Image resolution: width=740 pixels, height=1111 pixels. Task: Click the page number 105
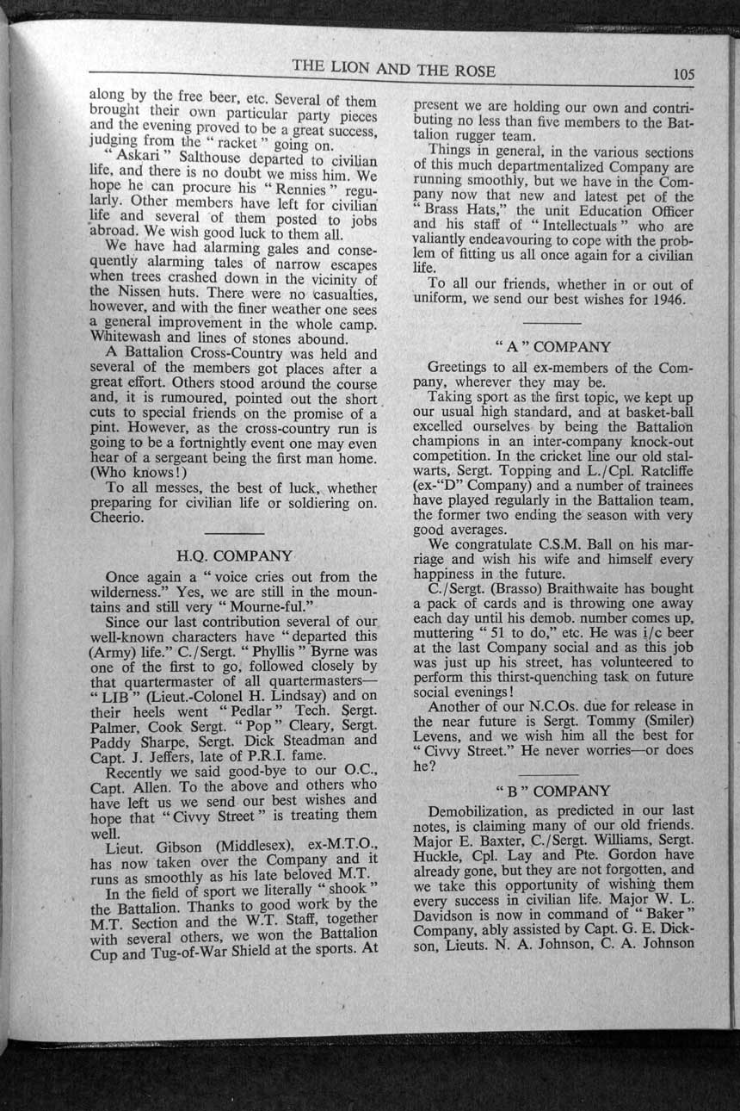point(684,74)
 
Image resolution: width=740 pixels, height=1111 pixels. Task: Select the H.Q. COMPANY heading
point(234,555)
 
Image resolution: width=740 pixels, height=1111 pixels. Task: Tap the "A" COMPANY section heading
point(553,347)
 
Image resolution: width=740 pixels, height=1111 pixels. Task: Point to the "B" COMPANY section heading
point(553,791)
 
